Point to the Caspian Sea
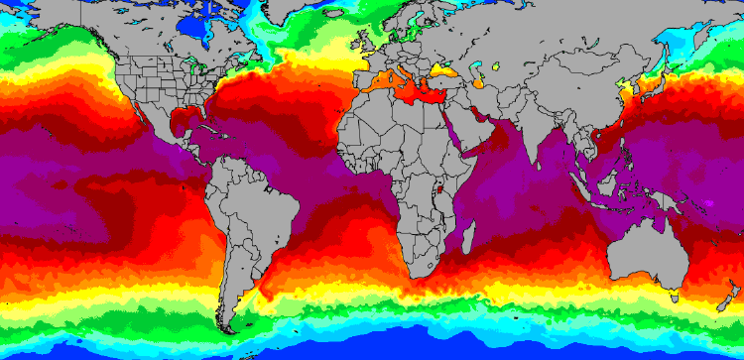pos(480,78)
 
